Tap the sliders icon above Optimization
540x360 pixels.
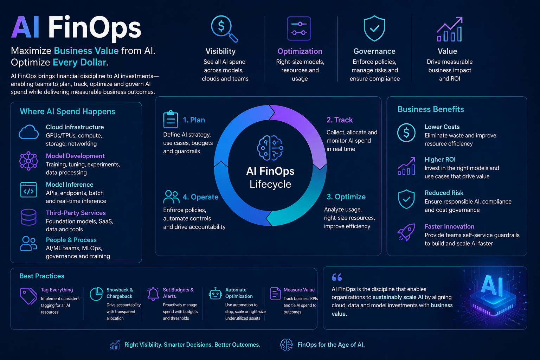[299, 28]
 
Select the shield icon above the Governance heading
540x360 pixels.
[374, 28]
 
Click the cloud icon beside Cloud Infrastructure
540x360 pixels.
[29, 132]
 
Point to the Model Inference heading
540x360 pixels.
[69, 185]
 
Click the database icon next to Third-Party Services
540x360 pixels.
[28, 217]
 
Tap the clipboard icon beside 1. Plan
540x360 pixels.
[171, 119]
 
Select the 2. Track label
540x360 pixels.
[339, 120]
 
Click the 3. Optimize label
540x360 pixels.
[346, 197]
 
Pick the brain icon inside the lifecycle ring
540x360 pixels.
[270, 148]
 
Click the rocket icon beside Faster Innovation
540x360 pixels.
[406, 232]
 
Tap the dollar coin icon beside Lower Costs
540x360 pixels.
[406, 133]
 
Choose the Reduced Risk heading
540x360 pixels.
[444, 193]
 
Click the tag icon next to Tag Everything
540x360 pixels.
[28, 296]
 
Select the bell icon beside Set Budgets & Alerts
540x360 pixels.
[153, 294]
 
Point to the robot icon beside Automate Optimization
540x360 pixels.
[215, 294]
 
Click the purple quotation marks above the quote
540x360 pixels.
[337, 277]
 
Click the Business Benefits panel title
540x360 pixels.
[431, 109]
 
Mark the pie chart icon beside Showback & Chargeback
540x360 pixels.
[96, 294]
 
